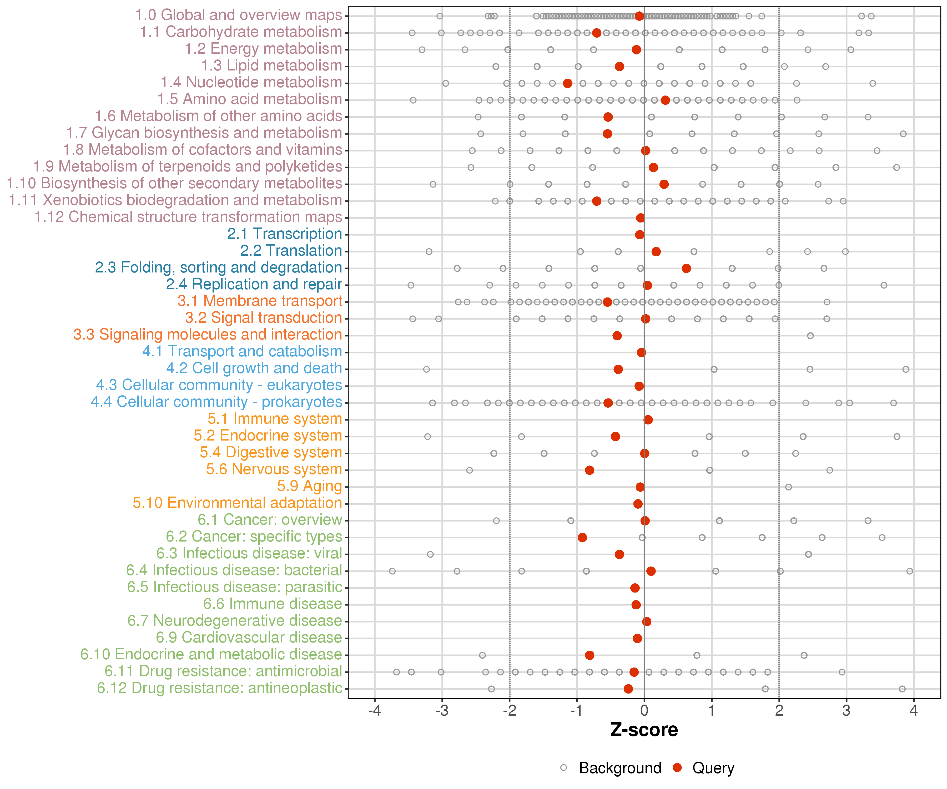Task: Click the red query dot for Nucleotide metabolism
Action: (568, 83)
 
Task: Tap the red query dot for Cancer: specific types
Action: (582, 537)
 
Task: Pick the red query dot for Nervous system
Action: (590, 470)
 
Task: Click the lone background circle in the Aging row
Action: (788, 487)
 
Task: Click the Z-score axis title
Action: (644, 730)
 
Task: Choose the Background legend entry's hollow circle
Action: (564, 768)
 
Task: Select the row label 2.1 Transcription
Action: (285, 234)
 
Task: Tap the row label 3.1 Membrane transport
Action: (260, 301)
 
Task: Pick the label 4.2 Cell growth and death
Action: (254, 368)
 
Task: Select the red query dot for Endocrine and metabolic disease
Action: (590, 655)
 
